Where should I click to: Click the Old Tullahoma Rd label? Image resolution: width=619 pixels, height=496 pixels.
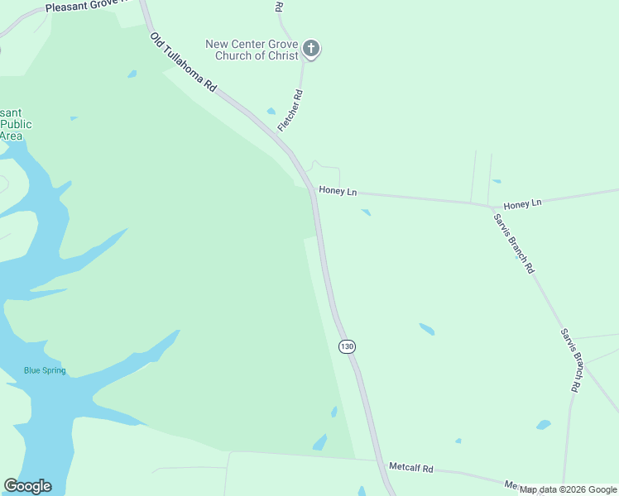(183, 62)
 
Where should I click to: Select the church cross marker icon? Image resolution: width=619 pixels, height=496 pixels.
(311, 49)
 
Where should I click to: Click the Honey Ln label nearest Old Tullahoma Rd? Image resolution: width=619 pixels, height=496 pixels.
(338, 191)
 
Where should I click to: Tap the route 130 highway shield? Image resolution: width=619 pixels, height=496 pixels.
(347, 346)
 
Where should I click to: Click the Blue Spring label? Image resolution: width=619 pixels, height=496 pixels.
(45, 370)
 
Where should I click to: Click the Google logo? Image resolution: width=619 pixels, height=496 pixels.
(27, 486)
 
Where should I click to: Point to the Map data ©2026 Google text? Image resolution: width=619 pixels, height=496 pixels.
(569, 489)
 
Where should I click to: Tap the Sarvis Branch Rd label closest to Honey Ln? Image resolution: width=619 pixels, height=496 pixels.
(514, 244)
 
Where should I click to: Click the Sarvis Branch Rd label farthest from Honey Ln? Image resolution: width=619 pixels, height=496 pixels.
(571, 360)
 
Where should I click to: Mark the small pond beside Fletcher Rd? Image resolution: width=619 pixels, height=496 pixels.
(271, 112)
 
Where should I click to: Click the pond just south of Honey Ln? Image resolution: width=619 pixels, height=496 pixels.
(366, 212)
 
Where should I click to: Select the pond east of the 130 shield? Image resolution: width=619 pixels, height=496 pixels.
(426, 329)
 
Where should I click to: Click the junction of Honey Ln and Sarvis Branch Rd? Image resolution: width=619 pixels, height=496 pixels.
(492, 205)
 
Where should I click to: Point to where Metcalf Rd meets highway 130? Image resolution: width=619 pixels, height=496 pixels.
(386, 466)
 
